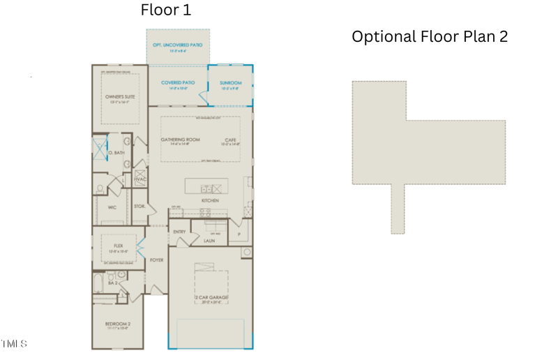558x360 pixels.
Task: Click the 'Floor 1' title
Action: click(165, 10)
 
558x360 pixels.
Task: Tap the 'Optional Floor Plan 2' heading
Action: click(430, 36)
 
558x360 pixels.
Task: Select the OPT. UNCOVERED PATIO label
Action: click(177, 45)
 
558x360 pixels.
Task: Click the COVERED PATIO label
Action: click(178, 83)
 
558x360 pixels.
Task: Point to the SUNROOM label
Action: click(230, 83)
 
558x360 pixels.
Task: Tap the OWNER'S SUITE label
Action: click(120, 97)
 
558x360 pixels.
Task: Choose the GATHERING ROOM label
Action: click(180, 140)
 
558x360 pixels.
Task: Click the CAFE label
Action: click(230, 140)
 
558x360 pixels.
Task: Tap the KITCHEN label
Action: click(210, 200)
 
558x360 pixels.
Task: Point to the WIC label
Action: click(112, 207)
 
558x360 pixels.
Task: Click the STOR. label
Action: click(139, 207)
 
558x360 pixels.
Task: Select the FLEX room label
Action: click(119, 246)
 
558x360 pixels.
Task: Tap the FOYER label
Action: click(156, 260)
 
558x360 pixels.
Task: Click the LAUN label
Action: click(209, 241)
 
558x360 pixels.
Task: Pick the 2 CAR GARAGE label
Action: click(211, 298)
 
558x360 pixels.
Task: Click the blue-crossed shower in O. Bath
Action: click(100, 148)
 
